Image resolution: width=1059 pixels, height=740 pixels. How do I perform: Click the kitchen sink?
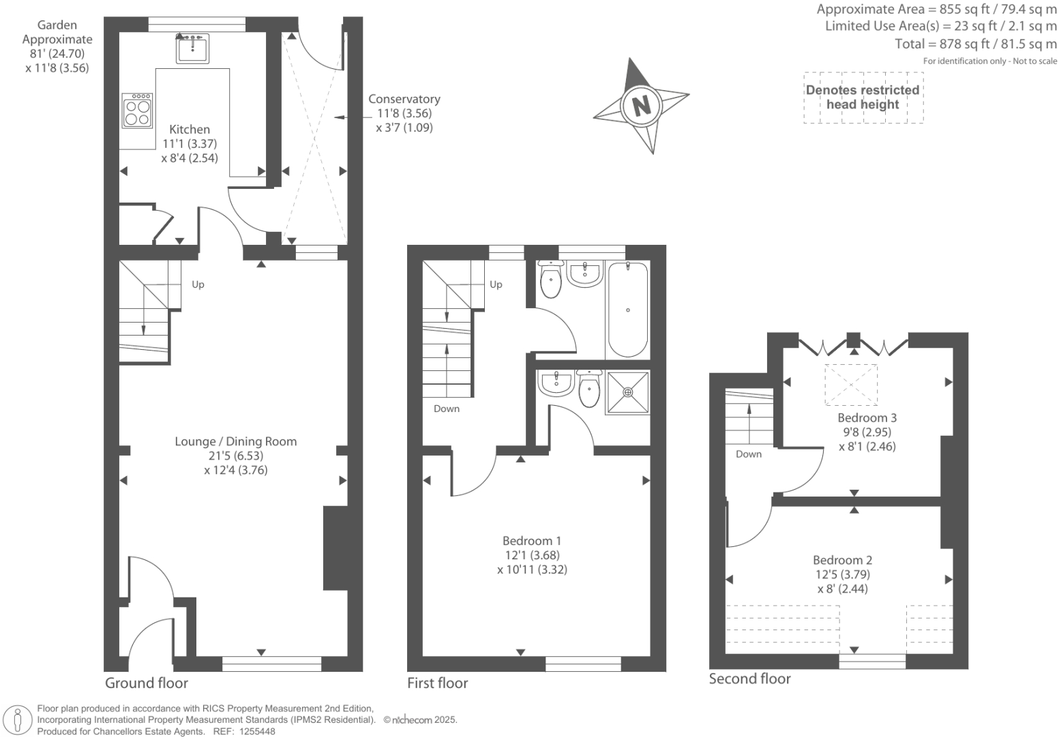192,48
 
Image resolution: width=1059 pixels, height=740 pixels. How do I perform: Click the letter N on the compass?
641,106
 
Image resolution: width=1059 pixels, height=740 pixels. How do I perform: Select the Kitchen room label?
190,130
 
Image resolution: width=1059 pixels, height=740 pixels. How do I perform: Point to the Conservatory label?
404,100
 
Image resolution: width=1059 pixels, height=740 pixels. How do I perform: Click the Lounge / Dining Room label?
236,442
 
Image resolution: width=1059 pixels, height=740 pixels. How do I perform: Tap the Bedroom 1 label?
532,541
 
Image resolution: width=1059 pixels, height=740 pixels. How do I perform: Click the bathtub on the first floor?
627,310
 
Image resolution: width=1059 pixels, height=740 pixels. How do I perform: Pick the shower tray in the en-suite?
627,392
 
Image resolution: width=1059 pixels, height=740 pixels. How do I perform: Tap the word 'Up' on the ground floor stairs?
198,284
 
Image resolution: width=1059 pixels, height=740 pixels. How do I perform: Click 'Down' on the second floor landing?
749,454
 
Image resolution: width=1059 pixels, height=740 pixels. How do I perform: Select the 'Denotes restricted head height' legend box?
863,98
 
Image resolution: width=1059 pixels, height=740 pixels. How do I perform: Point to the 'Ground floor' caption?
147,683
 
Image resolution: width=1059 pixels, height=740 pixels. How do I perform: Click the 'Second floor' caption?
749,679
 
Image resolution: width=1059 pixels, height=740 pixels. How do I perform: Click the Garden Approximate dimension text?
57,46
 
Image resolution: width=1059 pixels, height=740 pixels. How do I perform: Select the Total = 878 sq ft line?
976,44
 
